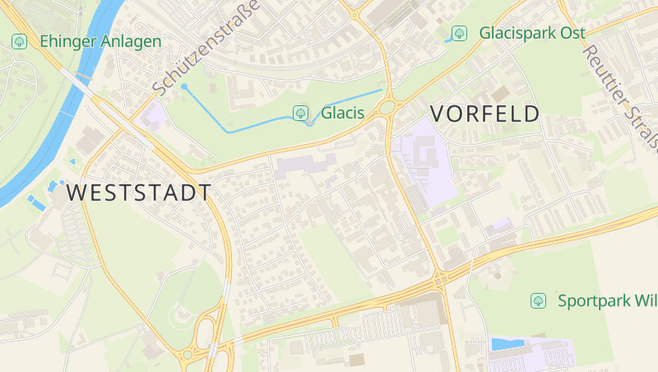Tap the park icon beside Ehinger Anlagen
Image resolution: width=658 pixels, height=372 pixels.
point(19,40)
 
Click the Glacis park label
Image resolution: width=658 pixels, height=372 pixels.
point(342,113)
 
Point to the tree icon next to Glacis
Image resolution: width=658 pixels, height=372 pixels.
point(301,113)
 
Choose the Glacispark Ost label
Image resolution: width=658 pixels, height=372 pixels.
point(532,33)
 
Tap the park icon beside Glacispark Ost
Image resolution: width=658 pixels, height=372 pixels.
point(460,33)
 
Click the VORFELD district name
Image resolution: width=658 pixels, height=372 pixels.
point(485,114)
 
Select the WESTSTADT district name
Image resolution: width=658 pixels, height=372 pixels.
point(139,193)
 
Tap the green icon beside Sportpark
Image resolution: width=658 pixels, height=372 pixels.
point(539,300)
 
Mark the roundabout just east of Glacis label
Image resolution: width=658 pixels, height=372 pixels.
point(387,106)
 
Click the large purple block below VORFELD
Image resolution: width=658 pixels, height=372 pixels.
point(422,156)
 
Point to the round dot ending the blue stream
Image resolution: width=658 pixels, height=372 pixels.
point(184,86)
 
